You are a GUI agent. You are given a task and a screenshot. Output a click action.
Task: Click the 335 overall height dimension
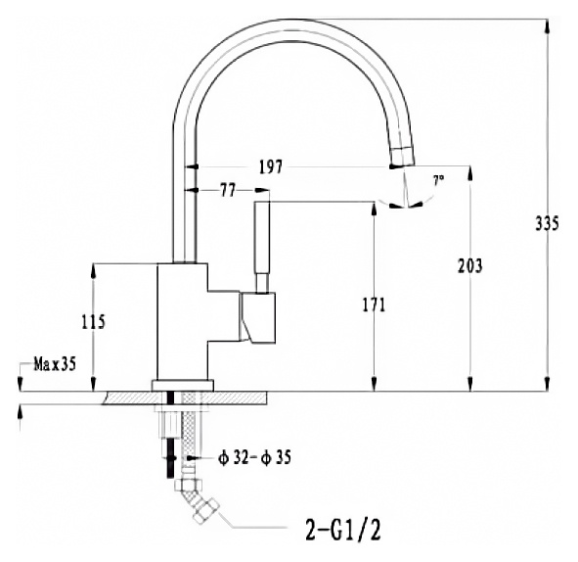(x=547, y=223)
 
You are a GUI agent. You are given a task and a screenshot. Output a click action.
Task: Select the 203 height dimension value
(x=469, y=265)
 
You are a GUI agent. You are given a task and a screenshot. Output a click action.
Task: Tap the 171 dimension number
(x=374, y=305)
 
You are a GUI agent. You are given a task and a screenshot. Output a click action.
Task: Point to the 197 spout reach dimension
(x=271, y=167)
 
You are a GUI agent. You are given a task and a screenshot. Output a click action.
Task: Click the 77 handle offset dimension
(x=228, y=190)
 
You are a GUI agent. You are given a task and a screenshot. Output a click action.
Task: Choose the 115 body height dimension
(x=93, y=322)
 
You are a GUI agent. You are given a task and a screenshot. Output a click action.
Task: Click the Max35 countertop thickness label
(x=55, y=364)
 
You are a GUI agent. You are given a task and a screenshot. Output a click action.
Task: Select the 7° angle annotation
(x=438, y=180)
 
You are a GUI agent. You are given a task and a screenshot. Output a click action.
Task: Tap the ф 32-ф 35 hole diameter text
(x=254, y=458)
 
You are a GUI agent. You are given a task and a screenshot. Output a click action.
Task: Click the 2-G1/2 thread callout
(x=343, y=530)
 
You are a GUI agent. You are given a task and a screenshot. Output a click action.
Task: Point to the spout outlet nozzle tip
(x=402, y=157)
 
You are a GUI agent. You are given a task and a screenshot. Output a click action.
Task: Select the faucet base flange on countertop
(x=183, y=385)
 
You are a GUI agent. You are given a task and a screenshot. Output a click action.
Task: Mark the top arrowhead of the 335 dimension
(x=547, y=26)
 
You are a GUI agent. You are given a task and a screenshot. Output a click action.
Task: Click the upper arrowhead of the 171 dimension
(x=375, y=210)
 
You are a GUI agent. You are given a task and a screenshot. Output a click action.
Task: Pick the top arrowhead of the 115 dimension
(x=93, y=271)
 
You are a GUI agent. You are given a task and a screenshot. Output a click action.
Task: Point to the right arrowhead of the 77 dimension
(x=262, y=190)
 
